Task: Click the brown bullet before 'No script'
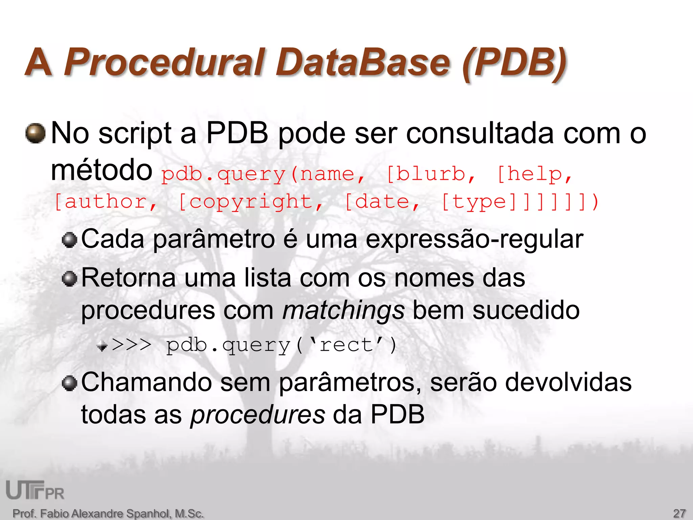pyautogui.click(x=36, y=133)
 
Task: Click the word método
pyautogui.click(x=102, y=170)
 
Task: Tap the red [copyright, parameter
pyautogui.click(x=250, y=202)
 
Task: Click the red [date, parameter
pyautogui.click(x=382, y=202)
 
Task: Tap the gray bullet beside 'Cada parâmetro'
pyautogui.click(x=70, y=240)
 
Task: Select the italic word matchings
pyautogui.click(x=343, y=310)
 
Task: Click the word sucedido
pyautogui.click(x=526, y=310)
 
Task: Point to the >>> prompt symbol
pyautogui.click(x=132, y=345)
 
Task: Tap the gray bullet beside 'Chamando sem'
pyautogui.click(x=70, y=383)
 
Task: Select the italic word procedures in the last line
pyautogui.click(x=258, y=415)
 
